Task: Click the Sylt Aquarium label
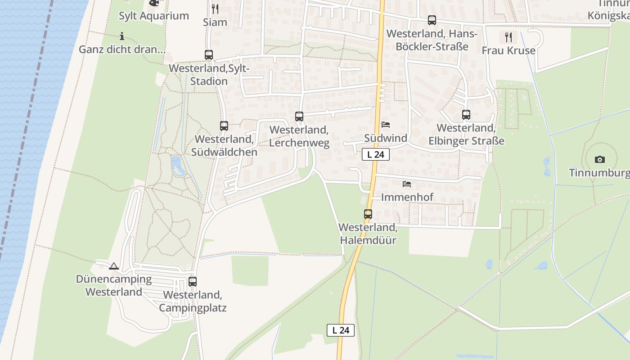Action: [x=153, y=16]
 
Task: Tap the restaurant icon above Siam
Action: [x=215, y=9]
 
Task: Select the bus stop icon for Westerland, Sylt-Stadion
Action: [x=209, y=55]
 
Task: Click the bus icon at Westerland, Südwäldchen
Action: [x=224, y=126]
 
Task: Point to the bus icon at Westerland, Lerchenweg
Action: [x=299, y=117]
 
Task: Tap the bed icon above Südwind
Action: [x=386, y=125]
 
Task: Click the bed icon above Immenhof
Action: [x=407, y=184]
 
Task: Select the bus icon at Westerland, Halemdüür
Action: [x=368, y=214]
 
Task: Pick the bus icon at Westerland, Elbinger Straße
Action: [x=466, y=115]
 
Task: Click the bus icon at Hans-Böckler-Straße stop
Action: [x=432, y=20]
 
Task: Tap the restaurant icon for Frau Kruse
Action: [x=508, y=37]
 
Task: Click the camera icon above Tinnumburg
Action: [x=599, y=159]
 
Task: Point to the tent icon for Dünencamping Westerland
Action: [x=113, y=266]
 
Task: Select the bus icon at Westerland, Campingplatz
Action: [x=193, y=282]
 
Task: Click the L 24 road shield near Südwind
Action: [x=375, y=154]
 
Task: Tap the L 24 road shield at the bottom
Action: [x=341, y=330]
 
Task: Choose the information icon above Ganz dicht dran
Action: [x=122, y=36]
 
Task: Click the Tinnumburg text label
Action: [x=599, y=173]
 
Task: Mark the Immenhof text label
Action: [x=407, y=197]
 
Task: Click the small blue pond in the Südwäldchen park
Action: [x=177, y=165]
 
